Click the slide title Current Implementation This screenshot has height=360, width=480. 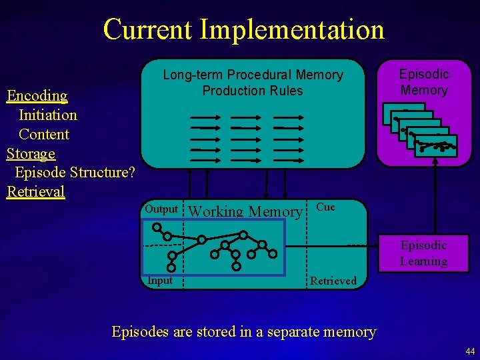tap(243, 29)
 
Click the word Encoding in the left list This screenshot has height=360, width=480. tap(37, 95)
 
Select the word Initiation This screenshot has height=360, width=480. tap(48, 115)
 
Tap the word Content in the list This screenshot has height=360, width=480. tap(44, 134)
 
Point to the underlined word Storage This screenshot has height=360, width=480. tap(31, 153)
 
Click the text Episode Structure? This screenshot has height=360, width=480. tap(75, 173)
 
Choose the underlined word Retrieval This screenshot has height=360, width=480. tap(36, 192)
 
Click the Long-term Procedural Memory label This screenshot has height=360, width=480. tap(253, 75)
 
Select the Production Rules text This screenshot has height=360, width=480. tap(253, 91)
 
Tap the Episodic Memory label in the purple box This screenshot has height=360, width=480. tap(424, 82)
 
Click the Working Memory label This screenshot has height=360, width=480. tap(245, 212)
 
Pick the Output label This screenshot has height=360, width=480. tap(161, 209)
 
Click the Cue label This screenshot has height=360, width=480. tap(325, 207)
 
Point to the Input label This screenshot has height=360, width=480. tap(160, 281)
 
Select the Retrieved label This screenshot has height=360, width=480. tap(333, 281)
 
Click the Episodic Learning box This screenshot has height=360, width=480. tap(423, 253)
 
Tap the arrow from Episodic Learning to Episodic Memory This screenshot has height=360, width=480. tap(435, 200)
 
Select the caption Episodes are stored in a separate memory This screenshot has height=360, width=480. tap(244, 331)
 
